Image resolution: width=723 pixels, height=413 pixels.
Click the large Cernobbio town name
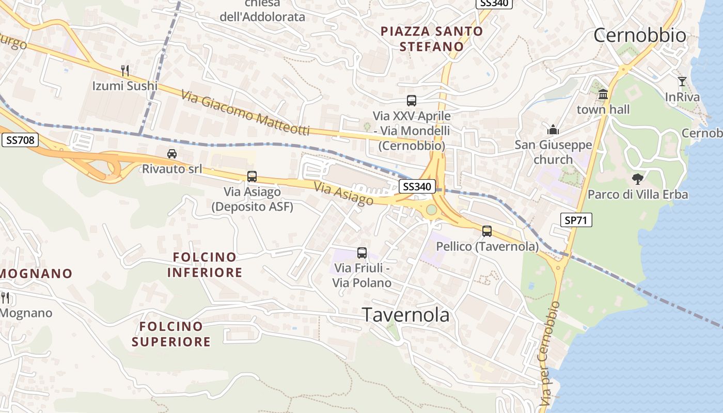point(639,35)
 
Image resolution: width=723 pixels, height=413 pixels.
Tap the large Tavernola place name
point(406,314)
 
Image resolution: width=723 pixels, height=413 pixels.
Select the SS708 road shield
point(20,140)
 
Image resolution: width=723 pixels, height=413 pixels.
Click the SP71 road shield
point(576,220)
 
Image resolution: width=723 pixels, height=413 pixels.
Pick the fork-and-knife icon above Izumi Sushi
point(124,70)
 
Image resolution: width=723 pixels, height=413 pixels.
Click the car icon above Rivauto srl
point(172,154)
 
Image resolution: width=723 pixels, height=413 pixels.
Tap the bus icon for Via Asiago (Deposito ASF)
point(252,177)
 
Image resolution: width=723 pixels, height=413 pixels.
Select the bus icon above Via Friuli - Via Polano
point(362,253)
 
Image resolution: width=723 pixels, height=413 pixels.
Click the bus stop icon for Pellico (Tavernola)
point(486,231)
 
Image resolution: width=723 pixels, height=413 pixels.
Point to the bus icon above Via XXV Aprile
point(412,101)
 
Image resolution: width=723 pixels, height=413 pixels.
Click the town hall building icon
point(603,94)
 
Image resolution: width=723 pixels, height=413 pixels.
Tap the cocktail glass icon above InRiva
point(682,82)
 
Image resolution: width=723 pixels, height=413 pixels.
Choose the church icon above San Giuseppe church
point(553,130)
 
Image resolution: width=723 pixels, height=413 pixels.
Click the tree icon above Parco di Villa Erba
point(638,179)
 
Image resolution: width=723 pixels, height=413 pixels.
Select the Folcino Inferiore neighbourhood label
point(205,264)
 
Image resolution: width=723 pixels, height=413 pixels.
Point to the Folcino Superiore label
point(171,333)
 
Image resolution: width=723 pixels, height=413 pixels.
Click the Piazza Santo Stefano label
point(432,39)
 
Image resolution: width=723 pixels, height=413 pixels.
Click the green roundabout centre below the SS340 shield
point(431,209)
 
